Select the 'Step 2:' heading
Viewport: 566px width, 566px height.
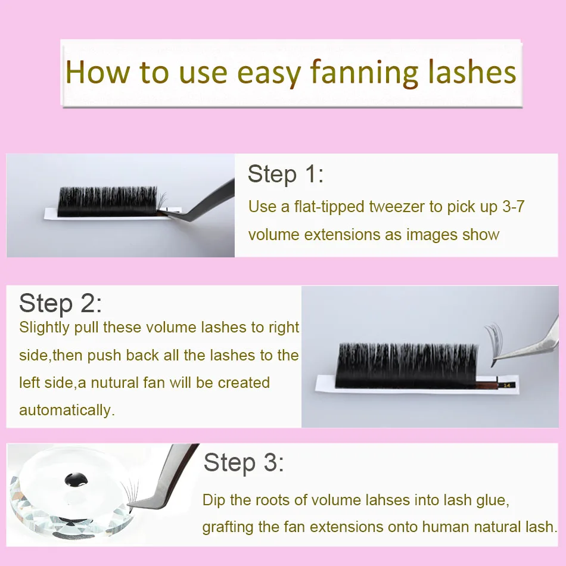pyautogui.click(x=60, y=303)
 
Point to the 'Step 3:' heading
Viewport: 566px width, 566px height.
pyautogui.click(x=244, y=463)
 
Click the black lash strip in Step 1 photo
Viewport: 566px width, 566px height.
pyautogui.click(x=110, y=201)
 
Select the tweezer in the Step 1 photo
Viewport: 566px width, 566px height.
pyautogui.click(x=203, y=206)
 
